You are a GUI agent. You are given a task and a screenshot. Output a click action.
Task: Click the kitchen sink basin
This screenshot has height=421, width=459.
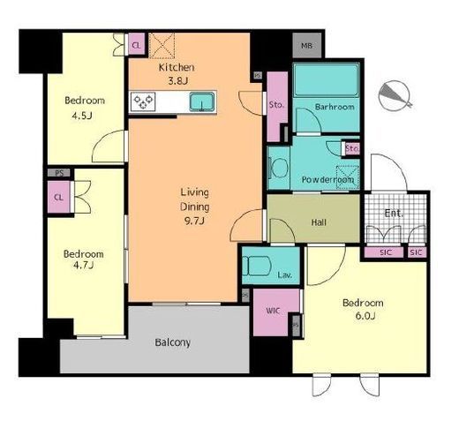pos(202,101)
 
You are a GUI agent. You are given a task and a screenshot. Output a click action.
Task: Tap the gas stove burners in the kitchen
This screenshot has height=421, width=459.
pos(143,101)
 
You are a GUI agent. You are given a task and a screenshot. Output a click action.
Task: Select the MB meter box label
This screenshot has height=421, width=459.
pos(307,46)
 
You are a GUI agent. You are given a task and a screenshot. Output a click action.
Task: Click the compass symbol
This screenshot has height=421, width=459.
pos(395,95)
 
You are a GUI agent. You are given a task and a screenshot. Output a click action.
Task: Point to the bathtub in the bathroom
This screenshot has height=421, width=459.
pos(327,79)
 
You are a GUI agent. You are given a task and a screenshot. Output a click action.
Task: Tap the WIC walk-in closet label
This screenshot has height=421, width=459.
pos(273,311)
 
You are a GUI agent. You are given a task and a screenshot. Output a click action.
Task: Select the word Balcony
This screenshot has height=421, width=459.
pos(173,342)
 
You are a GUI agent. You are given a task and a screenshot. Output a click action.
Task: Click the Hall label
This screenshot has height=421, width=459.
pos(319,222)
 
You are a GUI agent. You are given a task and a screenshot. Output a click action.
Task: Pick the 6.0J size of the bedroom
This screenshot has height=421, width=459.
pos(365,316)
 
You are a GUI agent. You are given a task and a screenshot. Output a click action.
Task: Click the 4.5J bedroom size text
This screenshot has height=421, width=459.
pos(82,116)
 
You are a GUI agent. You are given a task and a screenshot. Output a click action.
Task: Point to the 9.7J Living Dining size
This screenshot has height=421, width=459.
pos(194,221)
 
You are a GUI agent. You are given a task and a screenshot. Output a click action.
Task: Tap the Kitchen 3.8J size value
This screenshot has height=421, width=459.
pos(177,80)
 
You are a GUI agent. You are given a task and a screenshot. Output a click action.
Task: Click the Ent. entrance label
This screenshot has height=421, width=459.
pos(394,213)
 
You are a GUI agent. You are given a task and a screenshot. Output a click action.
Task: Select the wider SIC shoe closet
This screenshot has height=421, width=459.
pos(384,252)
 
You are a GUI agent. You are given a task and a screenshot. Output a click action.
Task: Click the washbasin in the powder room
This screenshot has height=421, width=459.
pos(279,168)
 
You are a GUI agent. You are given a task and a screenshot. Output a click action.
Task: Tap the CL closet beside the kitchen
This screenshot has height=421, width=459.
pos(137,44)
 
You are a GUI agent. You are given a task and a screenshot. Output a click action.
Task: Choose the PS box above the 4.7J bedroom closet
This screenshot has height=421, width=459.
pos(59,173)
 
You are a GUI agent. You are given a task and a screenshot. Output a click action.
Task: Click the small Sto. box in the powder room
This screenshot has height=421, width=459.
pos(351,148)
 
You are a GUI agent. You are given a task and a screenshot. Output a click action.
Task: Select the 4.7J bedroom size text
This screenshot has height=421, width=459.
pos(84,265)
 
